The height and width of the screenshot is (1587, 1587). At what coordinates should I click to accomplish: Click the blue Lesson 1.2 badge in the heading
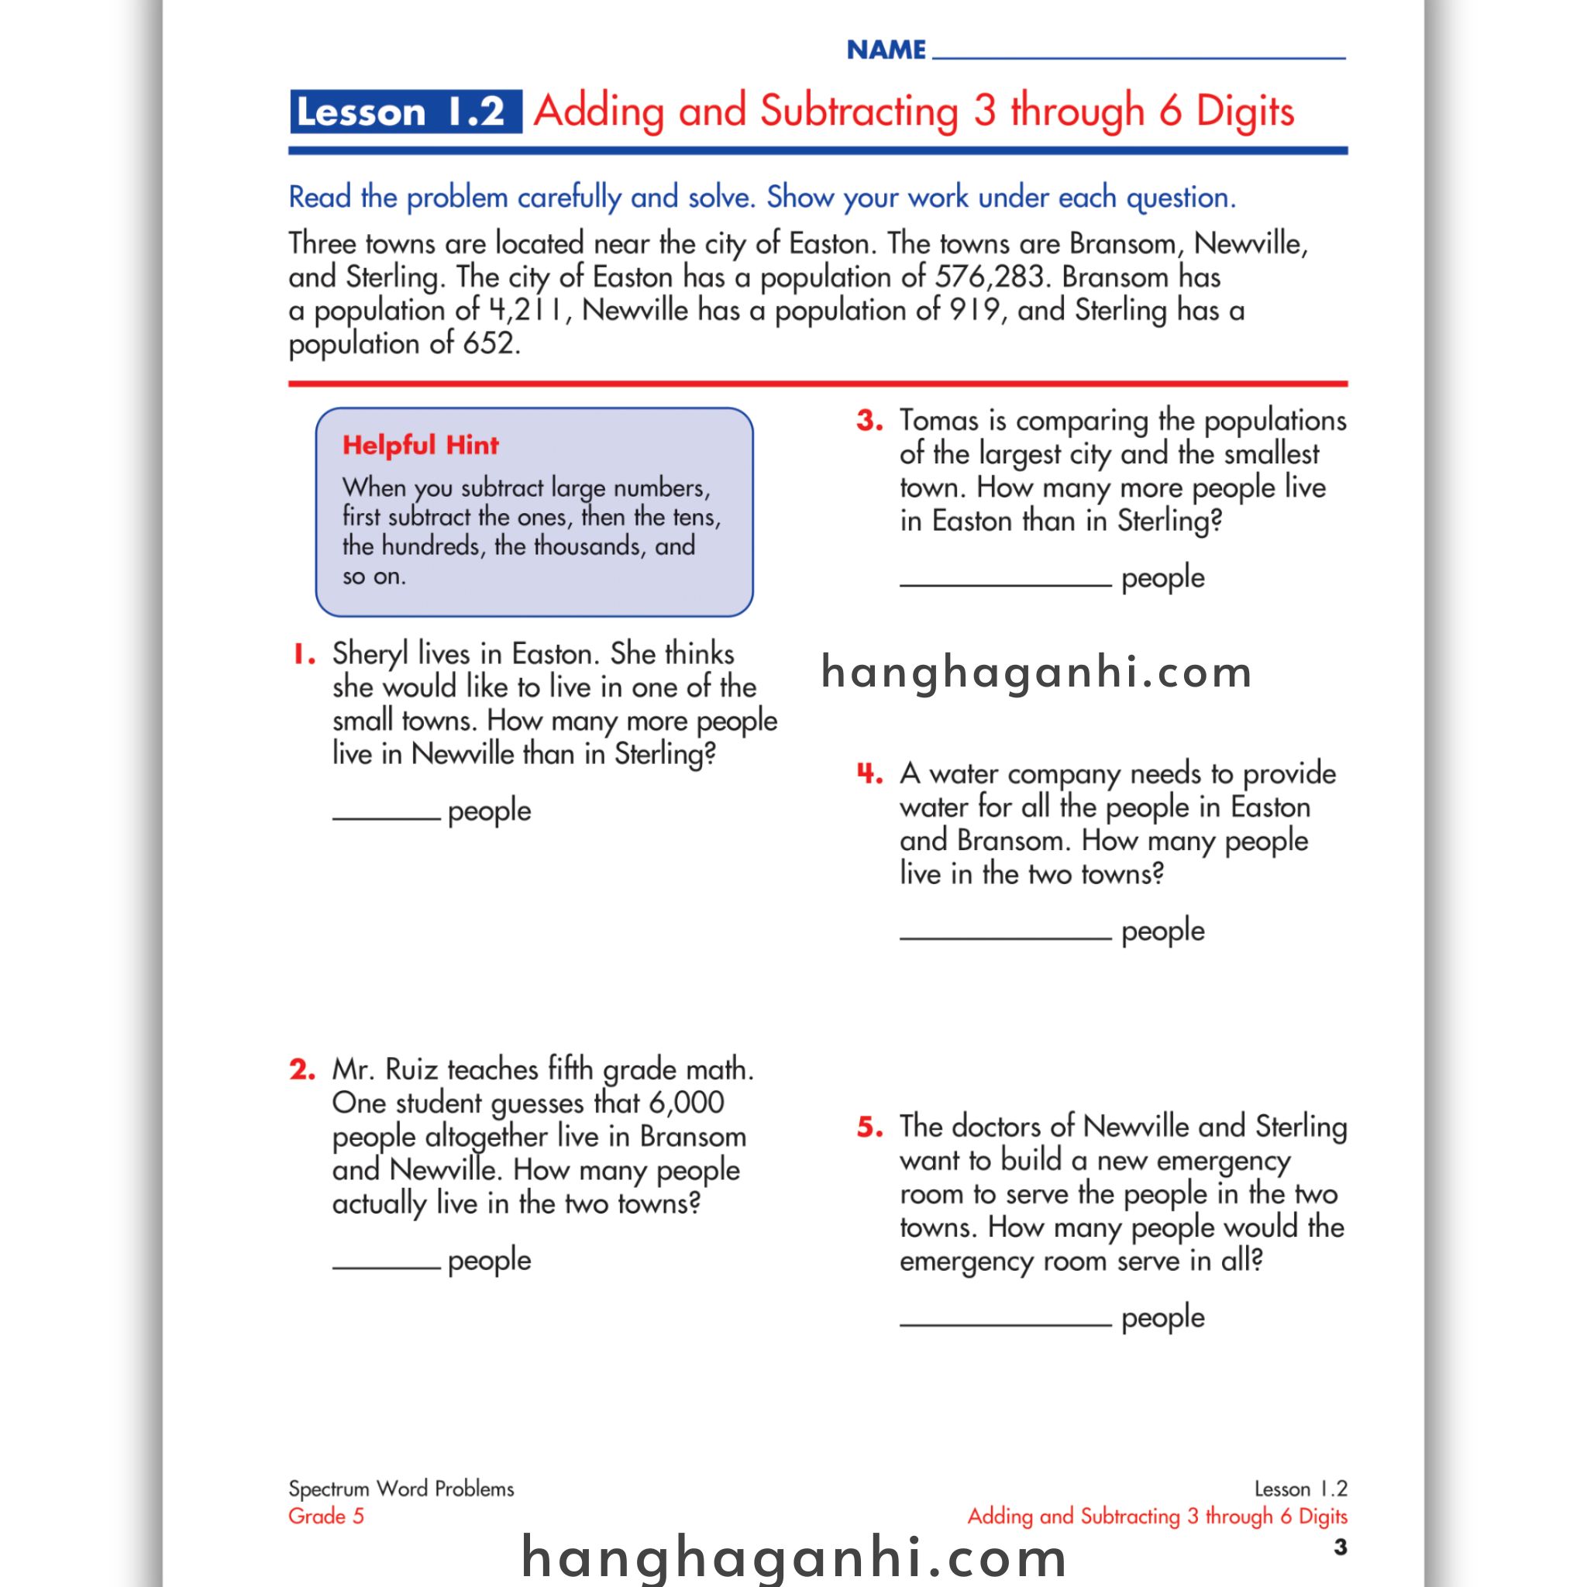[x=405, y=112]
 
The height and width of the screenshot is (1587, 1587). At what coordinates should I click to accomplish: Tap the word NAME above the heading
[x=886, y=50]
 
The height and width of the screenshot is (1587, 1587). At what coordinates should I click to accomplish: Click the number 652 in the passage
[x=490, y=343]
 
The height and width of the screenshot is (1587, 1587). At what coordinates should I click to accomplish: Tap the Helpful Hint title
[x=420, y=446]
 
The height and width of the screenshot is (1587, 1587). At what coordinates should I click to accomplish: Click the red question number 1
[x=304, y=655]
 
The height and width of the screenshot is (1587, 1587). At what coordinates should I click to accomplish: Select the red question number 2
[x=302, y=1069]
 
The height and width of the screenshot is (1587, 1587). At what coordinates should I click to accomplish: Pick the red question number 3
[x=870, y=422]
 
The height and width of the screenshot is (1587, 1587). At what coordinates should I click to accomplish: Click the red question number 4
[x=869, y=774]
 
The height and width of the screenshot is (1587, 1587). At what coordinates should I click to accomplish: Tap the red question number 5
[x=870, y=1127]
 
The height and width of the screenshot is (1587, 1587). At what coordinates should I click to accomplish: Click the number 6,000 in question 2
[x=686, y=1103]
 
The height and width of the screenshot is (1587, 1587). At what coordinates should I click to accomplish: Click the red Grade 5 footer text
[x=325, y=1516]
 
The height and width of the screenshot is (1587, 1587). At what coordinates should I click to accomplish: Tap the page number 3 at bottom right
[x=1340, y=1547]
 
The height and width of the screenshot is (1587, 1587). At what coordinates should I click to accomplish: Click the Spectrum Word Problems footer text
[x=401, y=1489]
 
